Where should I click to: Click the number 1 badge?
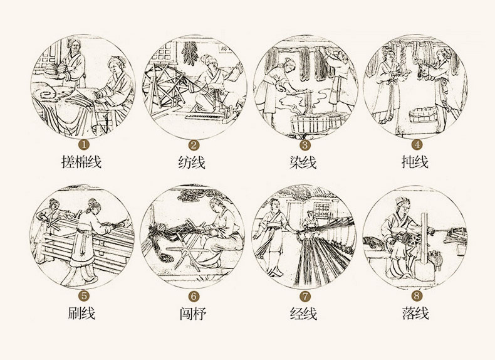click(84, 145)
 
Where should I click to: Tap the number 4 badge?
click(417, 145)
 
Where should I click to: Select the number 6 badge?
click(194, 297)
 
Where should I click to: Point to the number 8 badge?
click(417, 296)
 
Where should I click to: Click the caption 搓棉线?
click(81, 162)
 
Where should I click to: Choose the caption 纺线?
click(192, 162)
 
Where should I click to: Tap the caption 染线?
click(303, 162)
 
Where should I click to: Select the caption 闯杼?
click(193, 314)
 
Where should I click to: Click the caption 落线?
click(415, 313)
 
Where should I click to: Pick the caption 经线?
click(303, 314)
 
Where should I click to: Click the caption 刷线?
click(81, 313)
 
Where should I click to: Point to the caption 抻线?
click(415, 162)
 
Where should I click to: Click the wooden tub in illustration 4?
click(424, 115)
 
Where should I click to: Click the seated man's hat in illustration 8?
click(402, 201)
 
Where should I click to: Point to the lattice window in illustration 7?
click(321, 210)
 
